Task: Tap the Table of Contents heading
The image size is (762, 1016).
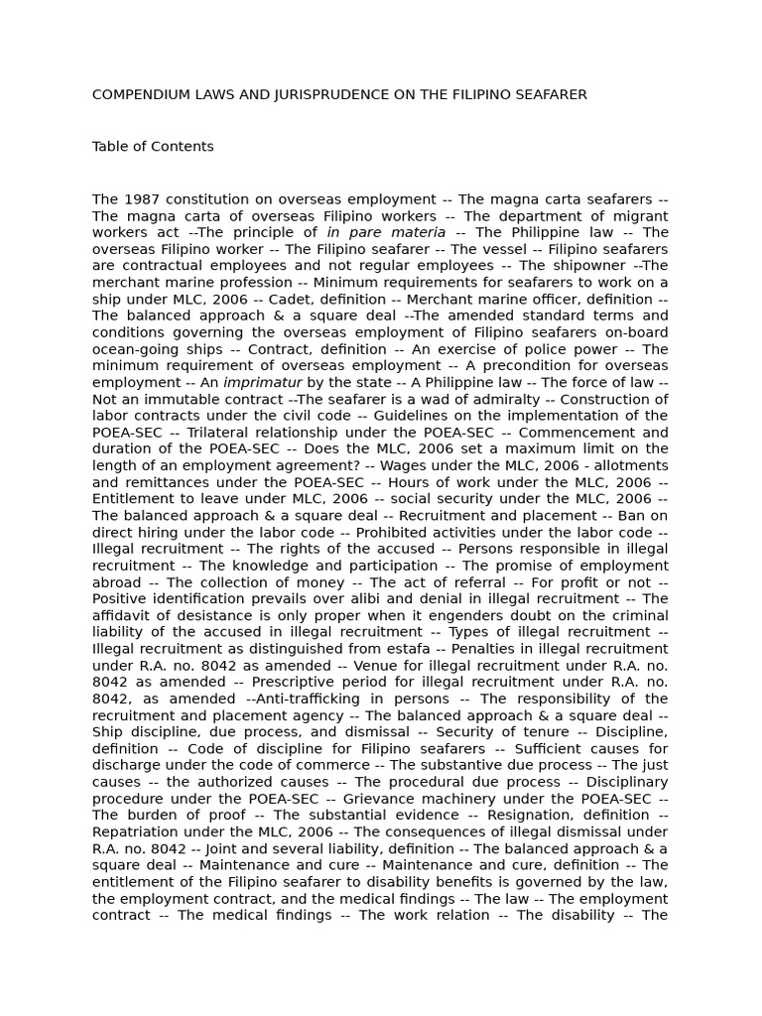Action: pyautogui.click(x=153, y=147)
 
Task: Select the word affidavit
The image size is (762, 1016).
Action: pyautogui.click(x=125, y=616)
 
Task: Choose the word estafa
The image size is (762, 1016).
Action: pyautogui.click(x=364, y=649)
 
